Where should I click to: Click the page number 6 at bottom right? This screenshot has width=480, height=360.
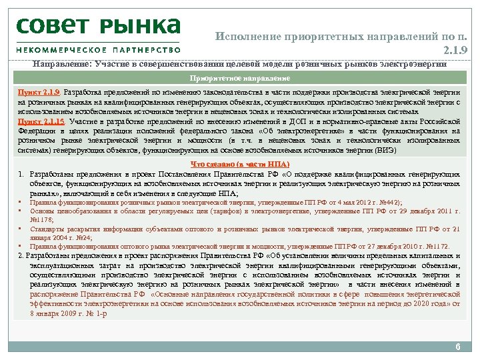[x=457, y=347]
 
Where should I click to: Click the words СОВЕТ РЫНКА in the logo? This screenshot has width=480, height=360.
[x=99, y=26]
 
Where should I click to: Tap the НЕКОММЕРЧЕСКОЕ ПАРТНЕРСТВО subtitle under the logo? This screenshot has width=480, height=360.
[x=99, y=49]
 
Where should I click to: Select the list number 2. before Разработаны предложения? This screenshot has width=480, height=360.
[x=22, y=255]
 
